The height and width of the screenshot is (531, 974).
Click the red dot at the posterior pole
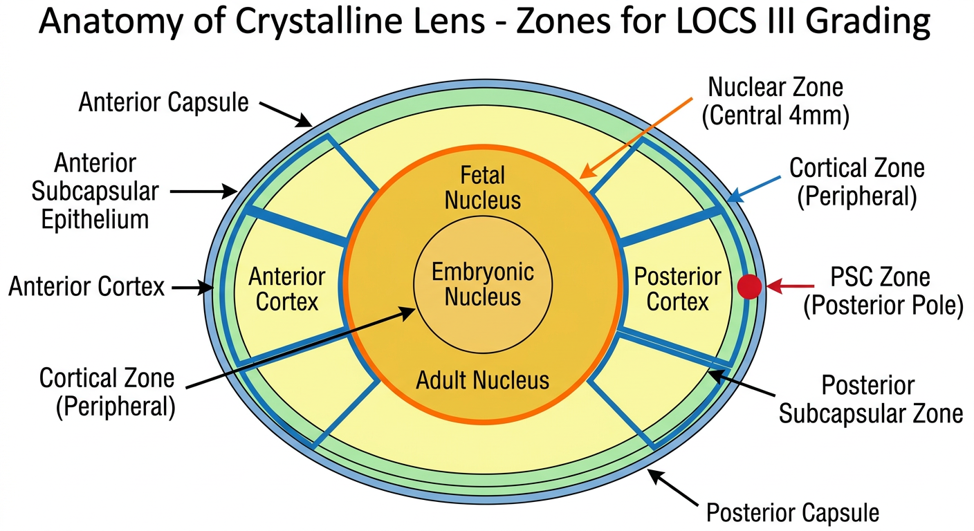tap(750, 287)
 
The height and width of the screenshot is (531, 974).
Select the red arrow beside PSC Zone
tap(790, 286)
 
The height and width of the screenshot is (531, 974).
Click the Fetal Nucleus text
tap(483, 188)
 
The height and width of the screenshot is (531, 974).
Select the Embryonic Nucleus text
tap(483, 285)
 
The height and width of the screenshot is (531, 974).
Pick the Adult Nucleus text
tap(483, 380)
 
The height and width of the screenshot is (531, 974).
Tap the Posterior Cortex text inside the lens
tap(677, 289)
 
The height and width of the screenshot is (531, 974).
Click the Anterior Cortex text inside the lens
tap(287, 289)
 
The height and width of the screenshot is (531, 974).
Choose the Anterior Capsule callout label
tap(163, 102)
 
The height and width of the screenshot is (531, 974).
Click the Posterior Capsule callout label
tap(793, 513)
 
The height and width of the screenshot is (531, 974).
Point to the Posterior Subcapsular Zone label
tap(870, 400)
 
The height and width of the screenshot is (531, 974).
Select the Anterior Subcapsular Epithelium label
tap(95, 192)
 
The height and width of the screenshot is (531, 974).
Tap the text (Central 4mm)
tap(775, 116)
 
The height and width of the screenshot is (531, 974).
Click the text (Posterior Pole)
tap(883, 306)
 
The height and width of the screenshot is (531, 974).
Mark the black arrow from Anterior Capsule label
tap(286, 115)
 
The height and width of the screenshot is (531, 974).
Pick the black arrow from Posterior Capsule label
tap(673, 488)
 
